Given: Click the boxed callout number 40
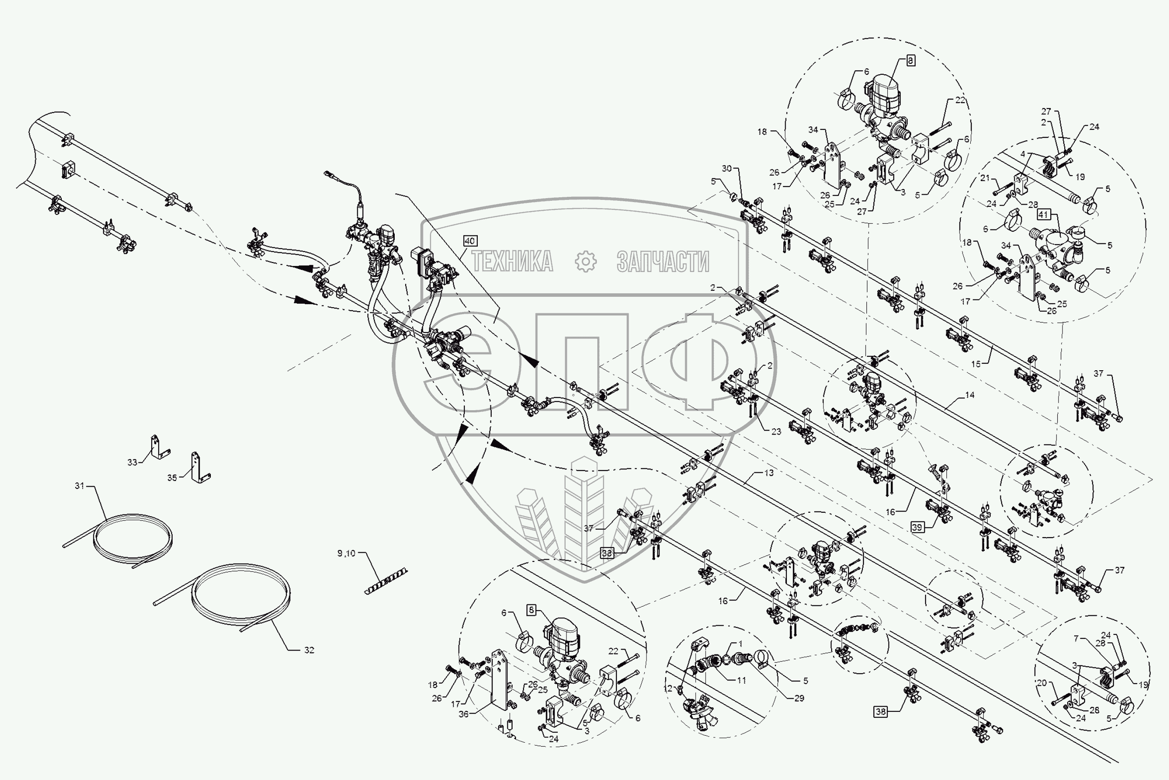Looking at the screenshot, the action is [x=470, y=241].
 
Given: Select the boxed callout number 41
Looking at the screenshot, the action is [x=1043, y=215].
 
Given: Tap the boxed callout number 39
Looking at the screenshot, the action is [x=917, y=527].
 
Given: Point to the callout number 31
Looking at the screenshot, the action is [x=80, y=485].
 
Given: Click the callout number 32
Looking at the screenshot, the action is [x=309, y=650].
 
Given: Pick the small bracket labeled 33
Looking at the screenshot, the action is [x=160, y=447].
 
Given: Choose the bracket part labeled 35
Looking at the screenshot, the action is [x=200, y=468].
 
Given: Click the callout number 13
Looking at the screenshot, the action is [x=769, y=473].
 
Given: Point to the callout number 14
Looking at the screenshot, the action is [x=969, y=395].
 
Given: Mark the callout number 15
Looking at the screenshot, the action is [x=976, y=364].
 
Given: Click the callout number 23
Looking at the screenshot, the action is [x=776, y=431].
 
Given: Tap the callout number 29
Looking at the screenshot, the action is [x=799, y=698].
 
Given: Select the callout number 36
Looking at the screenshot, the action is [x=463, y=714].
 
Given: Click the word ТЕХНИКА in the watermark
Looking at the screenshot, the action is [x=512, y=262].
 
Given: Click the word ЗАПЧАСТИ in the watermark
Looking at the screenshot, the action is [x=663, y=262].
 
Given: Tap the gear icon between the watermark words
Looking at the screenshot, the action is [x=585, y=262].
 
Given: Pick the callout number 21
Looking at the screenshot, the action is [x=985, y=178].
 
